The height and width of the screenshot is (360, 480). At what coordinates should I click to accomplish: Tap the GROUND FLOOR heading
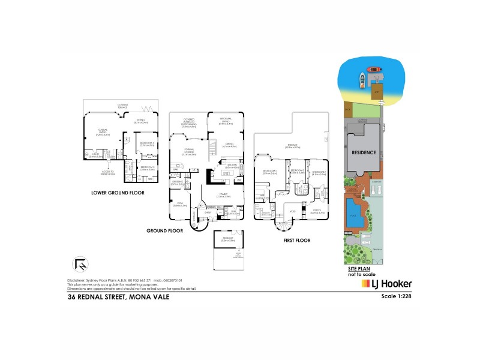164,230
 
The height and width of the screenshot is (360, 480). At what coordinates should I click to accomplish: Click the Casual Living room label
104,134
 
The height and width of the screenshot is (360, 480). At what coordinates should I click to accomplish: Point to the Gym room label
178,204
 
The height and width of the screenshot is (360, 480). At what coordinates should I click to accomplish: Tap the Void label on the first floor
293,211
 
